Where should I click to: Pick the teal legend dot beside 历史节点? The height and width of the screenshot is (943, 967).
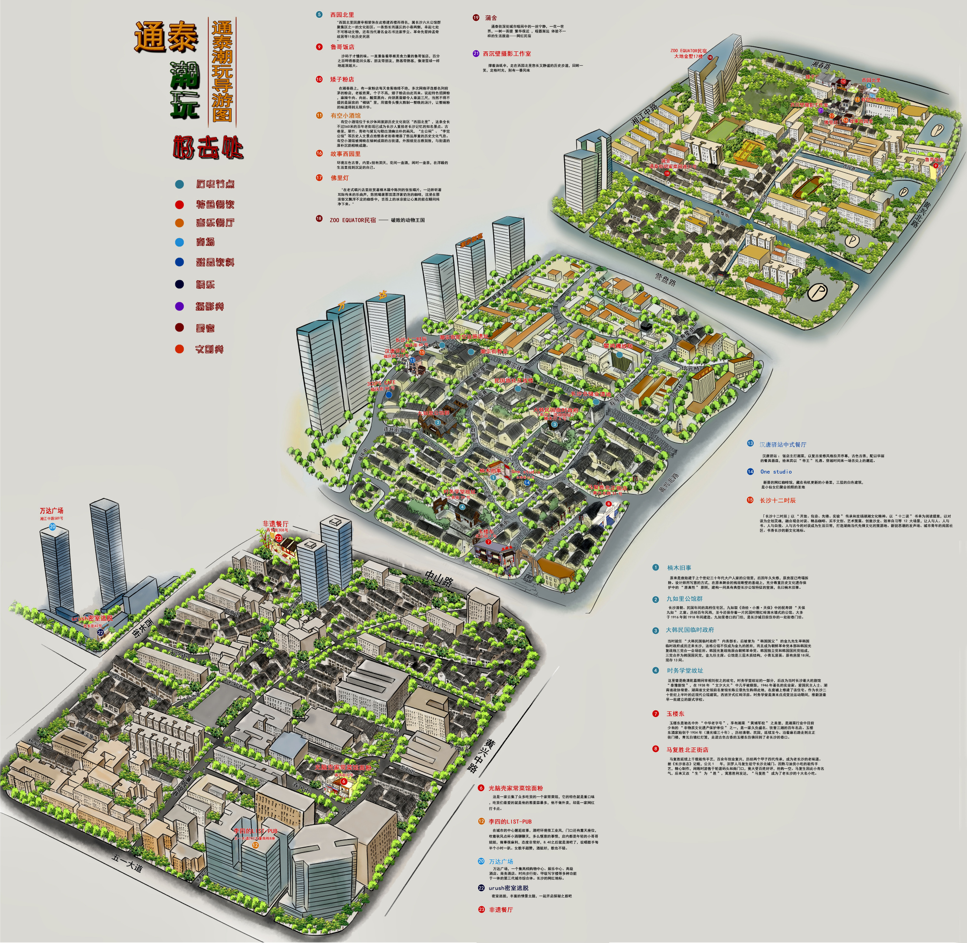point(179,184)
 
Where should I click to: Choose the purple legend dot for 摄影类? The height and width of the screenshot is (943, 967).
point(179,307)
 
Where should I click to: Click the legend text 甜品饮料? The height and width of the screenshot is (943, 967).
point(215,263)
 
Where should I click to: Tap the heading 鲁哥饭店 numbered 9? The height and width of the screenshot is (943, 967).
point(342,47)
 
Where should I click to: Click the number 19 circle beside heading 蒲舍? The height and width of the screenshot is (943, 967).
point(476,18)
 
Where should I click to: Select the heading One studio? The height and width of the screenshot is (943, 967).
point(776,471)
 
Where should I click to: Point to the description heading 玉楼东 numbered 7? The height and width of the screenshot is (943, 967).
point(675,714)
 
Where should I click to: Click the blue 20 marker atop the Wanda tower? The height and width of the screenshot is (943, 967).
point(52,527)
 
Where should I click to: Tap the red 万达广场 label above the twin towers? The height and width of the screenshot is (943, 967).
point(51,510)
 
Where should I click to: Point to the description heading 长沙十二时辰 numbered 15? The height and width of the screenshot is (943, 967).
point(777,500)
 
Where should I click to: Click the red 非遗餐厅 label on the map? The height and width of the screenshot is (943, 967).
point(275,524)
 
